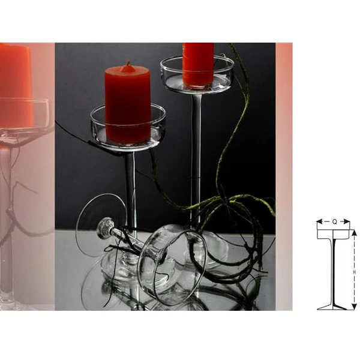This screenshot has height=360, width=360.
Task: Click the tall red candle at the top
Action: click(x=198, y=65)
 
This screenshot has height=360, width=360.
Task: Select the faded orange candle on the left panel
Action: click(x=16, y=86)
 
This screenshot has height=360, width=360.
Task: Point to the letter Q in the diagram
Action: click(x=335, y=222)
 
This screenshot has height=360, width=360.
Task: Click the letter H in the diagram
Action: click(x=354, y=272)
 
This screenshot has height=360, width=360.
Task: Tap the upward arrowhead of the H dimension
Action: click(x=354, y=233)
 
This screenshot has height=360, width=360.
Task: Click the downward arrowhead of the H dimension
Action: click(x=354, y=306)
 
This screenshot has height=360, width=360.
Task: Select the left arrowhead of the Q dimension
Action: click(x=320, y=222)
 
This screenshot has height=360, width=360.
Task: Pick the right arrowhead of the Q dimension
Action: click(x=347, y=222)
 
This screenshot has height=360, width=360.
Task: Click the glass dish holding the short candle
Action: click(x=128, y=128)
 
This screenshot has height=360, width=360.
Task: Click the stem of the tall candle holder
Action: click(x=197, y=161)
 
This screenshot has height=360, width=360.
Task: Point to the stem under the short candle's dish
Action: click(x=130, y=191)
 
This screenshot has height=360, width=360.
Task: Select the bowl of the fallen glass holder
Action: click(x=172, y=264)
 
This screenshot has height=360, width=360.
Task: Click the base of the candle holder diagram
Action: click(x=332, y=307)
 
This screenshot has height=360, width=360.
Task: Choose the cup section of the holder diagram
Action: click(x=334, y=234)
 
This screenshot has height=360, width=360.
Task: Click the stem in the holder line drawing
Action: click(x=334, y=272)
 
